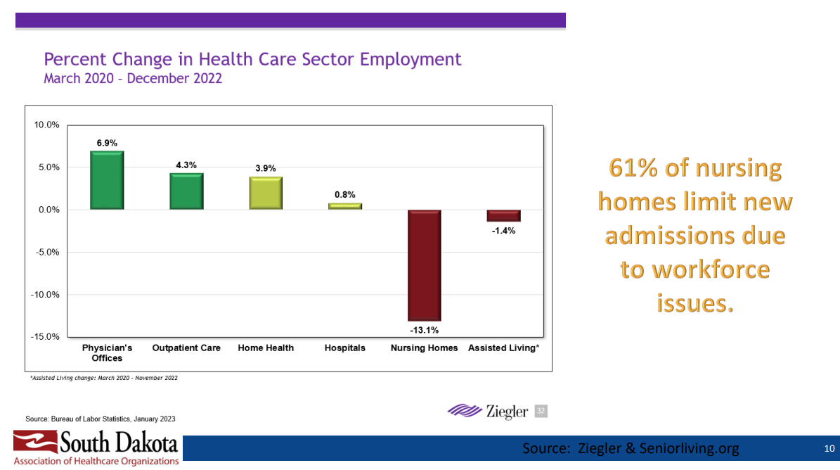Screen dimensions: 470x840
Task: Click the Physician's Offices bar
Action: (x=107, y=181)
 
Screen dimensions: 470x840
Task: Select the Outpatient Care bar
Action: (x=186, y=191)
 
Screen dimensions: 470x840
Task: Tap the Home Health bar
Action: (x=266, y=193)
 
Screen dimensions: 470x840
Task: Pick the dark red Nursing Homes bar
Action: (x=424, y=265)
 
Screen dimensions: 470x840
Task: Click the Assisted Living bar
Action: (x=503, y=216)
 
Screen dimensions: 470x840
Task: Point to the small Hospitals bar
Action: (x=345, y=206)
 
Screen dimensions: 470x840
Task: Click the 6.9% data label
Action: (x=107, y=143)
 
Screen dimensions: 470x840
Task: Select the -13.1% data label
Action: (x=424, y=330)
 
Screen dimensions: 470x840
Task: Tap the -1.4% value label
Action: (x=503, y=230)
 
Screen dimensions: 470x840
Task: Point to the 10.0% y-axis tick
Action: (x=47, y=125)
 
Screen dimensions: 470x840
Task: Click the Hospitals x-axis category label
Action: (x=345, y=348)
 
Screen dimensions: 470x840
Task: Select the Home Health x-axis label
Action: (x=266, y=348)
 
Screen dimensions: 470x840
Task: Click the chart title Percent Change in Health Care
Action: (x=252, y=59)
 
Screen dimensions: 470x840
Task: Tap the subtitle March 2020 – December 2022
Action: (x=133, y=78)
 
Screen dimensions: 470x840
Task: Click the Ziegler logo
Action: (x=488, y=411)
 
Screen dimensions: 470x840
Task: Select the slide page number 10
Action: (x=829, y=448)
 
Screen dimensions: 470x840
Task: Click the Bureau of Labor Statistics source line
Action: (x=101, y=419)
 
